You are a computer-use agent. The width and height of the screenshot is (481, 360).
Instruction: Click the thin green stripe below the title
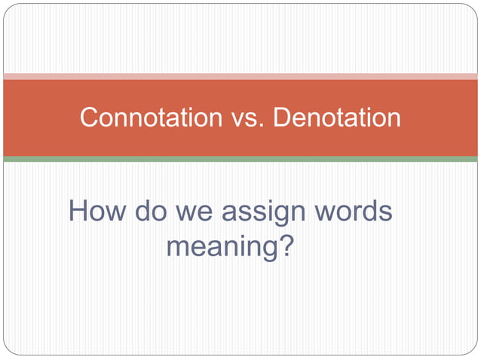[240, 159]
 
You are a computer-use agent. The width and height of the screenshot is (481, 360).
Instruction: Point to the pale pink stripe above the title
[240, 76]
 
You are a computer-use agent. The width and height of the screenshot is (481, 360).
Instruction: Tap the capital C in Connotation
[89, 118]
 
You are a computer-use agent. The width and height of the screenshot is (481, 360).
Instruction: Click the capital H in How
[79, 212]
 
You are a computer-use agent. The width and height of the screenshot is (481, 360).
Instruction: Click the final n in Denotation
[394, 120]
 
